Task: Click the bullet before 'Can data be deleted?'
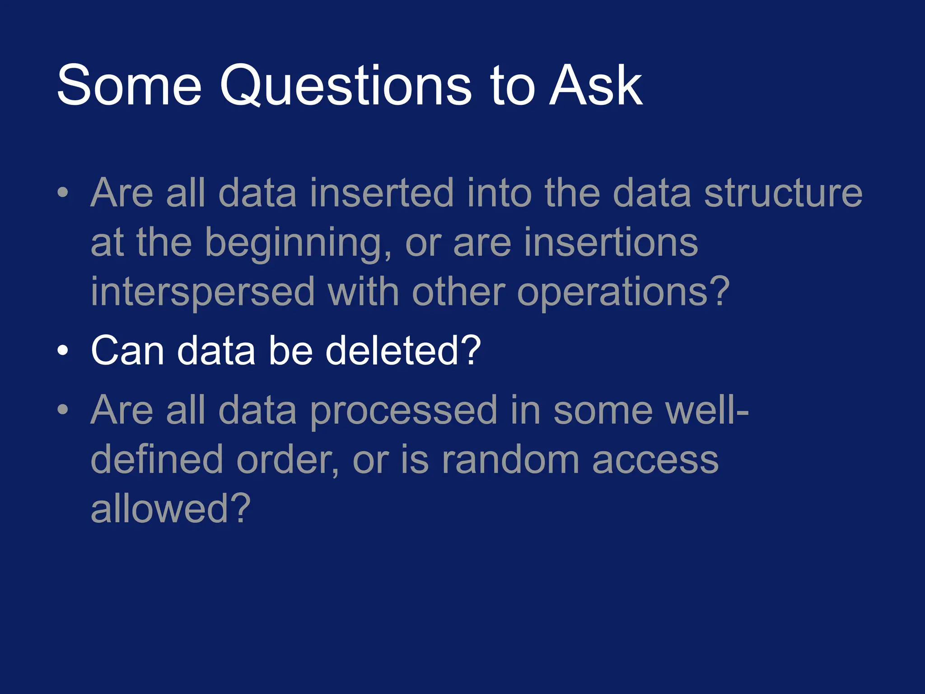point(63,350)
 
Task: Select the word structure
point(783,193)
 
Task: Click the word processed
point(403,411)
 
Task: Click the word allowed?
point(170,509)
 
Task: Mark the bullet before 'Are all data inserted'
point(63,193)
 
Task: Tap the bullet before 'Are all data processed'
point(63,410)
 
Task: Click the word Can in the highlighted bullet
point(127,351)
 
